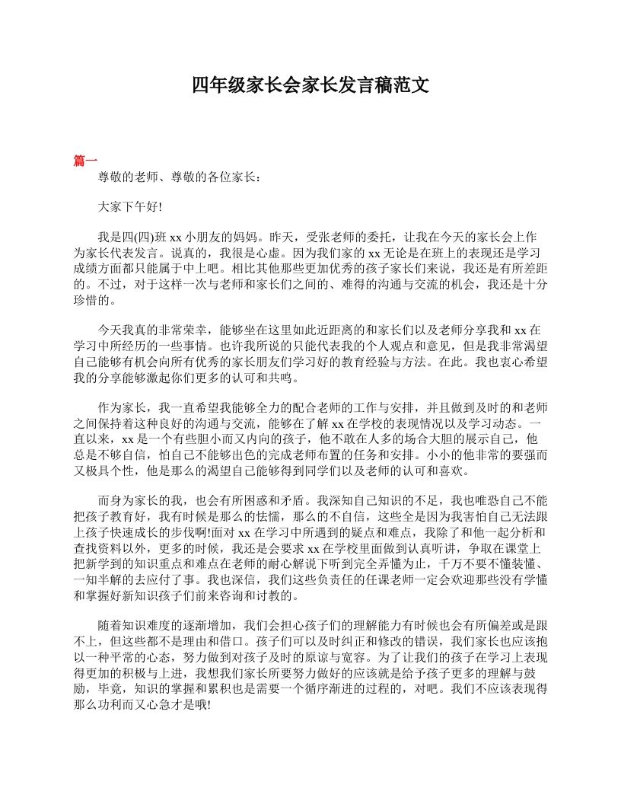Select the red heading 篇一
pyautogui.click(x=85, y=161)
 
